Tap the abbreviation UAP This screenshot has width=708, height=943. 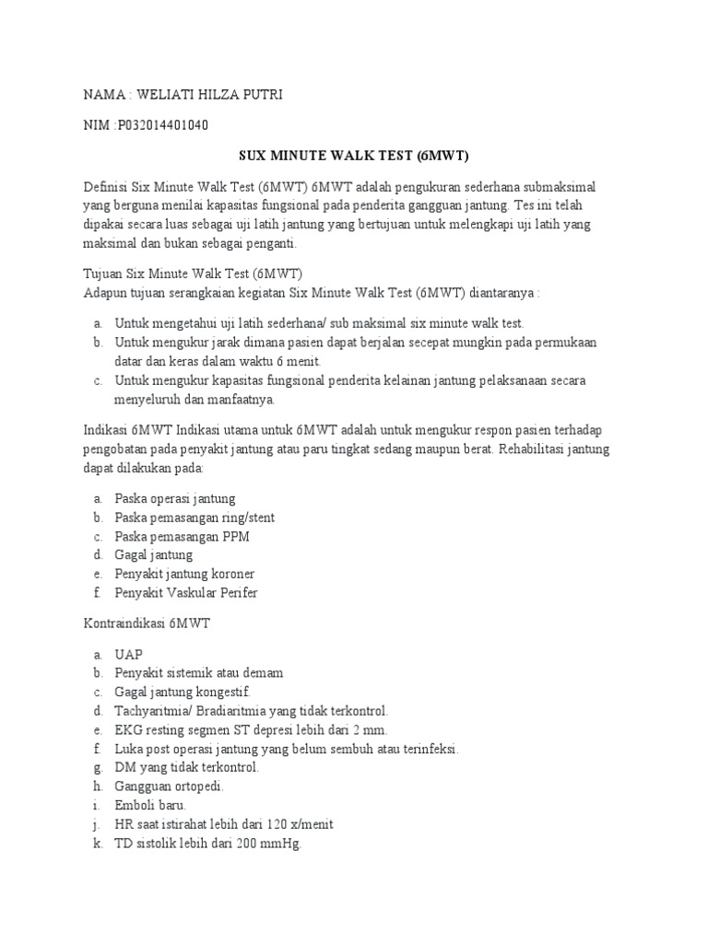129,654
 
